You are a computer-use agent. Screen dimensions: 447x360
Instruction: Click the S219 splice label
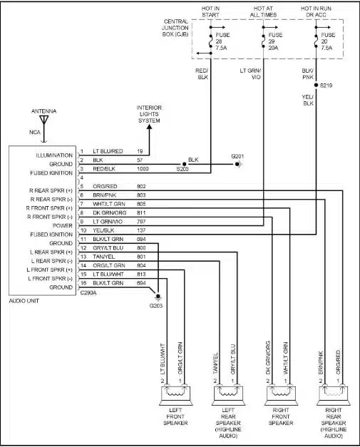coord(326,85)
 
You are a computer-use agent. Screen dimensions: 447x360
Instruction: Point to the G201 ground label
coord(237,155)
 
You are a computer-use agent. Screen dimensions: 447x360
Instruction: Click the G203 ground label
coord(157,306)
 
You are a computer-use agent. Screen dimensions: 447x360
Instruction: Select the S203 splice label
coord(184,170)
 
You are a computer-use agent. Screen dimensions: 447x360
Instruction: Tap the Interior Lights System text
coord(149,114)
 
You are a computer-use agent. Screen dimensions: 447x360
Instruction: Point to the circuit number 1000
coord(143,170)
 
